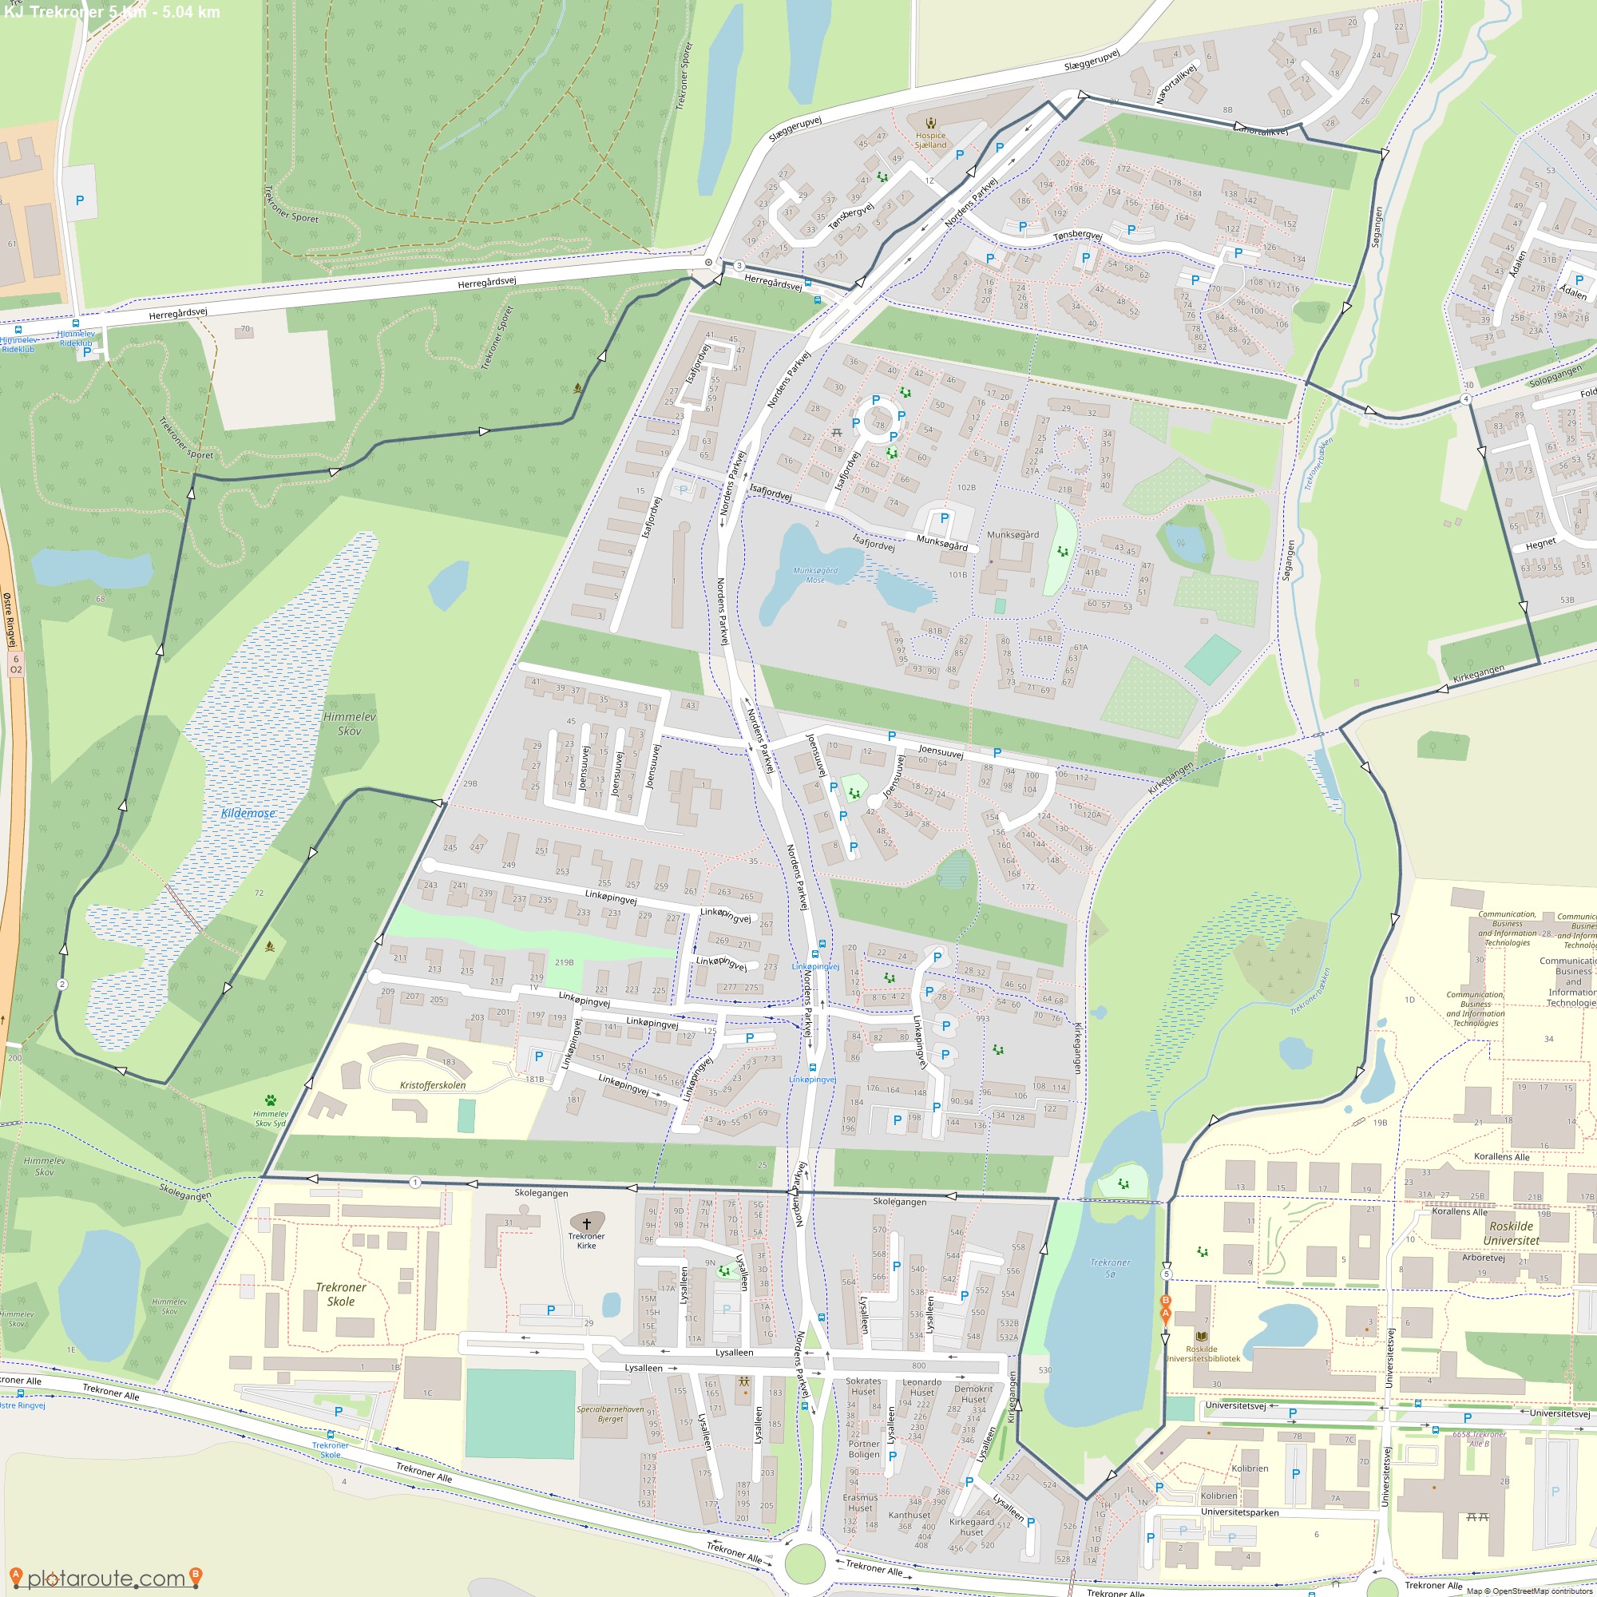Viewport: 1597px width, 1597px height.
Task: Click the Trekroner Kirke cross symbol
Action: tap(587, 1223)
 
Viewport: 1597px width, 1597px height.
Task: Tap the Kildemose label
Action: tap(248, 814)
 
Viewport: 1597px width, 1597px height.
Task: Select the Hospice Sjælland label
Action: tap(930, 140)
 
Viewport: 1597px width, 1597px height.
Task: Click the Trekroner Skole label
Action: tap(341, 1294)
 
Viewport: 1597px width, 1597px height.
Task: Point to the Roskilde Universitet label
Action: tap(1511, 1234)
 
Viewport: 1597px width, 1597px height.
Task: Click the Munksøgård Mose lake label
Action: tap(815, 574)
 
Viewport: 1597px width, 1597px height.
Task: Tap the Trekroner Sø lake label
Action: tap(1109, 1267)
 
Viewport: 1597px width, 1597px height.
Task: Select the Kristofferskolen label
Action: tap(432, 1085)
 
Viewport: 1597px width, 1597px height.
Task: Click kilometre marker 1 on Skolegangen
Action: tap(415, 1183)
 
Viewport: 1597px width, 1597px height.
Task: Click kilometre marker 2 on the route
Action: tap(62, 985)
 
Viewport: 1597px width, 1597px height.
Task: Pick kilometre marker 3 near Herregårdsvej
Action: tap(738, 265)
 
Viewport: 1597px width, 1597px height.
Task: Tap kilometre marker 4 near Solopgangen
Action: tap(1465, 399)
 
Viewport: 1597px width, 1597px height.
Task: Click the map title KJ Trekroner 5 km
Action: tap(112, 11)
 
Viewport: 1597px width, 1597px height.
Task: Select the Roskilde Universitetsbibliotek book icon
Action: tap(1201, 1336)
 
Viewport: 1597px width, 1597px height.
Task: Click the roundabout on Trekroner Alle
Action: tap(804, 1561)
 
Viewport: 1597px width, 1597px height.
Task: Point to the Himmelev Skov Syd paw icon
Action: tap(271, 1100)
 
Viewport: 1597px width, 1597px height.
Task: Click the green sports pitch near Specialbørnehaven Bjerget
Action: tap(520, 1413)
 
